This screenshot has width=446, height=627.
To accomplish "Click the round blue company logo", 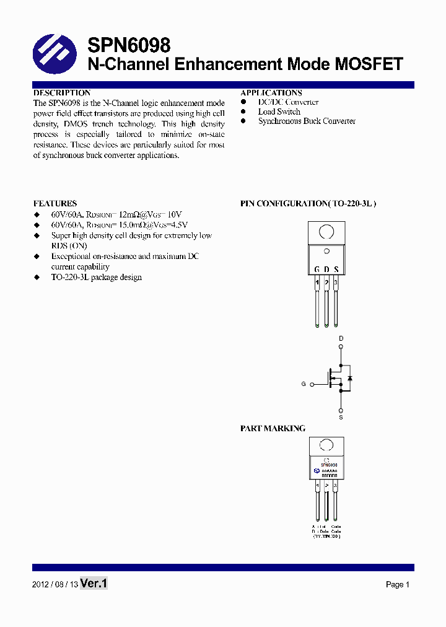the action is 55,54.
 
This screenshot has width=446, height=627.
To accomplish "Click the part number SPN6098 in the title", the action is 129,45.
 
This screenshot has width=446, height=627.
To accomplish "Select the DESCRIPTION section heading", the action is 62,93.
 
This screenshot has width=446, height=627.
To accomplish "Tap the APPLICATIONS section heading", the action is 271,93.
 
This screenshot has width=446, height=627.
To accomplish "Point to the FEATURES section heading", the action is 55,203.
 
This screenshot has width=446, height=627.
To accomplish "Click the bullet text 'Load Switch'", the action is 279,112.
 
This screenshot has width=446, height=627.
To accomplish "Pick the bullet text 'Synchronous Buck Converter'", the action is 307,121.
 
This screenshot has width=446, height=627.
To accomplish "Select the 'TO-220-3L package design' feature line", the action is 96,277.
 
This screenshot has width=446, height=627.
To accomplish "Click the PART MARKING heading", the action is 273,428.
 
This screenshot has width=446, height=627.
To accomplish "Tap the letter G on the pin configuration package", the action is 317,270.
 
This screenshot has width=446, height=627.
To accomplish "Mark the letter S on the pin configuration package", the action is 336,270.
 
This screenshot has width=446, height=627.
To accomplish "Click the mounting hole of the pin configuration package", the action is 326,232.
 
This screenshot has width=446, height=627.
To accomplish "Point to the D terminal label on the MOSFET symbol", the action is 341,338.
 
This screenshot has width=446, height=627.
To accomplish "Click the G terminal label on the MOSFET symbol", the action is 304,384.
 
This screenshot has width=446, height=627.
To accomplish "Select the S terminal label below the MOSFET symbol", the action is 341,418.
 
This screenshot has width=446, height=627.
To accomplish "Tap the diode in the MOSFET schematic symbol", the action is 350,378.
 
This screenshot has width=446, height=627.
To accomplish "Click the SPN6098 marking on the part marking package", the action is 328,463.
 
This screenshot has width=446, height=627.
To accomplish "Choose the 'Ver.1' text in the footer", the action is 94,583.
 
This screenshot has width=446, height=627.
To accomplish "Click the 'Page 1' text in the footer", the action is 398,584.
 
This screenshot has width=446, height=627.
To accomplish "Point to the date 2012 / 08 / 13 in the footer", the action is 55,584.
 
